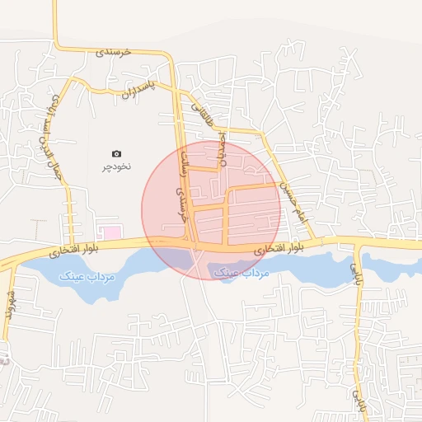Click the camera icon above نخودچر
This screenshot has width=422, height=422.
116,153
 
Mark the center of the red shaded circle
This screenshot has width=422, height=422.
211,210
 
